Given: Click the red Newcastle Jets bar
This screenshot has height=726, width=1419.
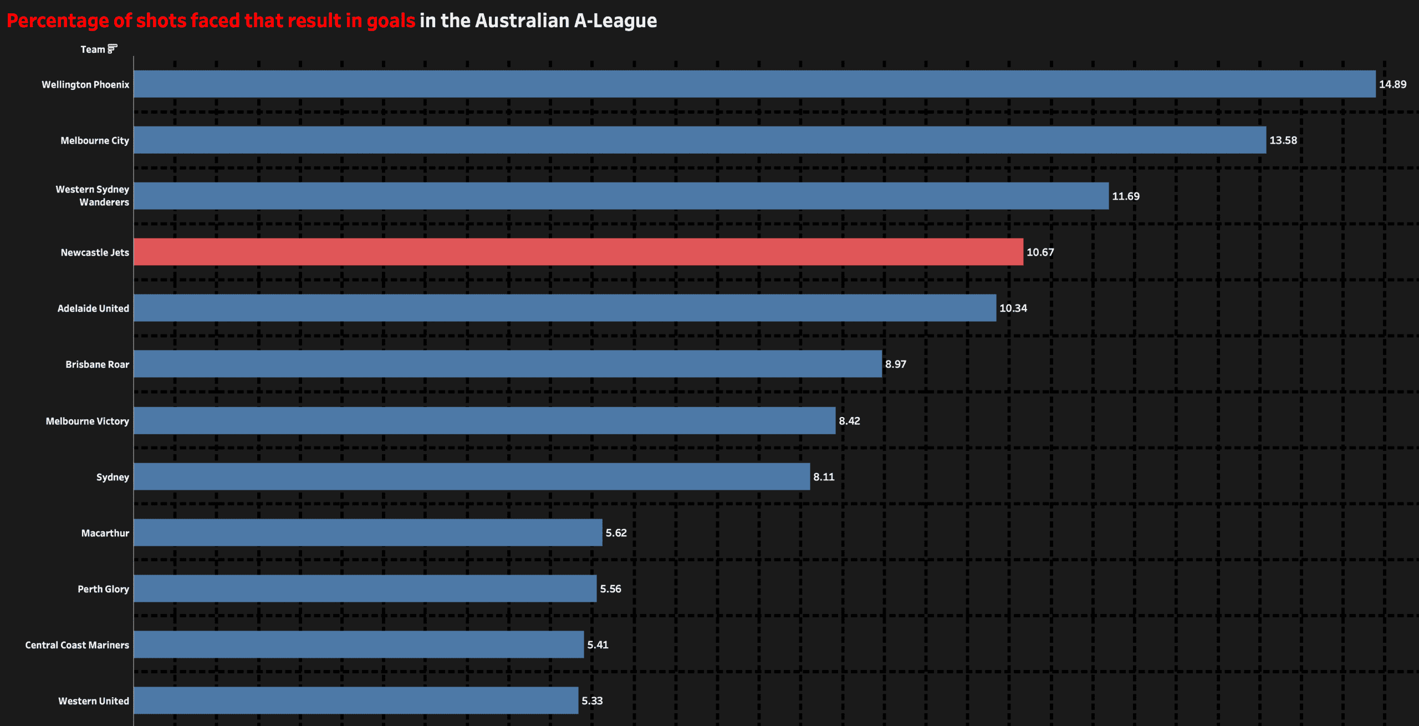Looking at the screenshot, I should [x=578, y=252].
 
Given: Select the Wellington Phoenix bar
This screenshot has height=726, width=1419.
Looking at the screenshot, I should [x=754, y=84].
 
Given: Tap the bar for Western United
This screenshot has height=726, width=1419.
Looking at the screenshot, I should [x=356, y=700].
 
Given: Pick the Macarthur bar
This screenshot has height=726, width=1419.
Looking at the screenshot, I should [x=367, y=532].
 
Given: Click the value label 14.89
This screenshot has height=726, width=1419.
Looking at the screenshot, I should [x=1392, y=84].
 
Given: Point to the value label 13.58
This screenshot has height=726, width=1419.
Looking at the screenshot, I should [x=1283, y=140].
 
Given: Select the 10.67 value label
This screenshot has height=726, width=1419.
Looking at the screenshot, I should [x=1040, y=252].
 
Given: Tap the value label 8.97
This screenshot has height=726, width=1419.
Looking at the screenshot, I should [x=895, y=364].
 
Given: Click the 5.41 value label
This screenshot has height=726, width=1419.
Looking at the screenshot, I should [x=598, y=645].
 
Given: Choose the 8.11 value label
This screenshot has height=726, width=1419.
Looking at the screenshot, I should [x=823, y=477].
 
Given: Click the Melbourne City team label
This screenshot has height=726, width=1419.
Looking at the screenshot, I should [x=95, y=141].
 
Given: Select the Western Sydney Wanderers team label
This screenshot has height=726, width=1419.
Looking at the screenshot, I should [x=93, y=196].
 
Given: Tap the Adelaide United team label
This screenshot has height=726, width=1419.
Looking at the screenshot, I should [x=93, y=308].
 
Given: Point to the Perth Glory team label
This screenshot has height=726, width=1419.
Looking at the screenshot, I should [x=103, y=589].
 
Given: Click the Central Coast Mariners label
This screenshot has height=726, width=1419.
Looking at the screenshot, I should [x=77, y=645].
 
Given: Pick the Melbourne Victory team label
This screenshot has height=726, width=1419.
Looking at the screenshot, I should [x=87, y=422].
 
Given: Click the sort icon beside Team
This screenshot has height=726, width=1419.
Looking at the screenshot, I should [x=113, y=49].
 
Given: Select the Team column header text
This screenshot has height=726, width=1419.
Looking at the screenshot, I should [x=93, y=49].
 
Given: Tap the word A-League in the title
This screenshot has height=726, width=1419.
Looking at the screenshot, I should [x=615, y=21].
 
